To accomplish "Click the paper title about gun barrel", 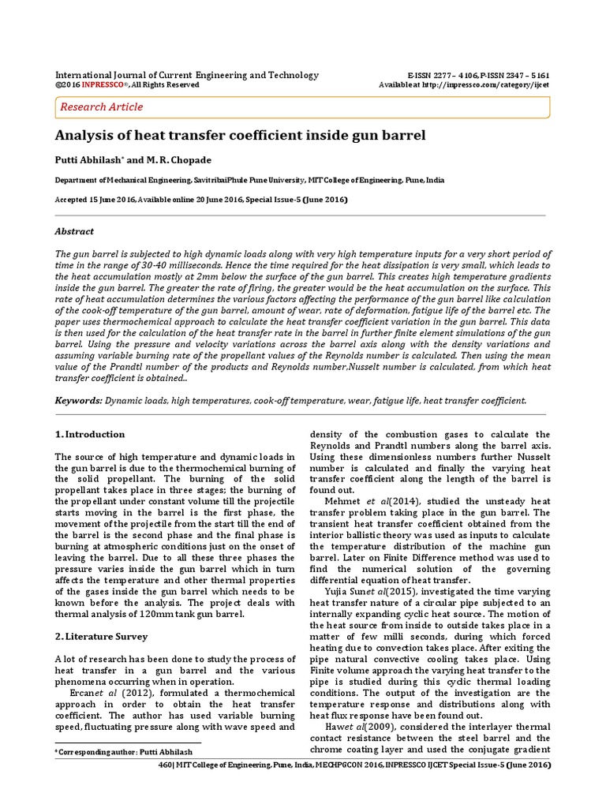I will [x=240, y=135].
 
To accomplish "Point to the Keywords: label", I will [x=78, y=401].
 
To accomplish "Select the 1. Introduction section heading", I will [x=90, y=434].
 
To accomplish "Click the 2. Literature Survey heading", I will [x=101, y=636].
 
